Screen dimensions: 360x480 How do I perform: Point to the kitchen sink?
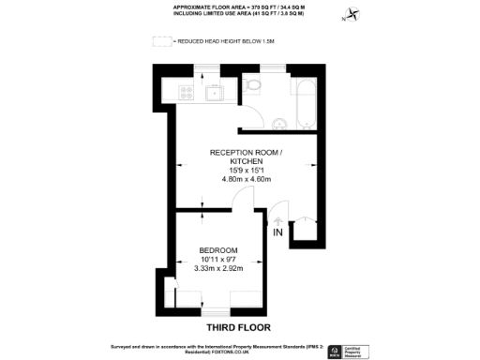214,92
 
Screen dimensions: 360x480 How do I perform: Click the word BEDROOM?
217,249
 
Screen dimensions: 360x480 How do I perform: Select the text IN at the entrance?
278,232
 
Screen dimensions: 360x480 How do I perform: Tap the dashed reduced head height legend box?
162,41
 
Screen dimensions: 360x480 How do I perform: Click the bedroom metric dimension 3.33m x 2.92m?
217,269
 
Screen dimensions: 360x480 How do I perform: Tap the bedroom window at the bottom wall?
215,308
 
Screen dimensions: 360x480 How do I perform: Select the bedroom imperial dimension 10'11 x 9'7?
217,259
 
